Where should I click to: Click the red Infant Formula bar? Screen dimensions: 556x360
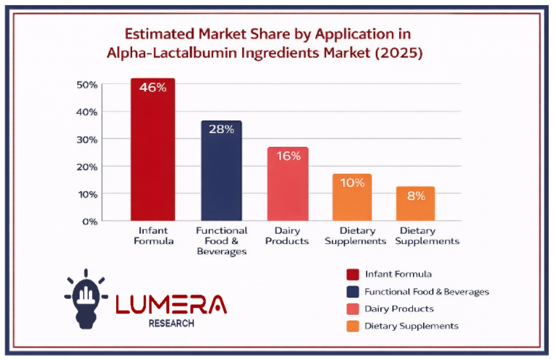(x=152, y=150)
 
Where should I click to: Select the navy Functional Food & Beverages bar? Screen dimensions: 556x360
(x=222, y=171)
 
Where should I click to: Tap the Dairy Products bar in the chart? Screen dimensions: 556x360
(x=288, y=184)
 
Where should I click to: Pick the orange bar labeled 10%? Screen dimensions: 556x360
(x=352, y=197)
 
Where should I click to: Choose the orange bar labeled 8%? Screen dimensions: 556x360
(x=416, y=204)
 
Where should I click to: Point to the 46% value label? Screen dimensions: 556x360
(x=152, y=88)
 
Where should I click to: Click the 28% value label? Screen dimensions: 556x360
(x=222, y=129)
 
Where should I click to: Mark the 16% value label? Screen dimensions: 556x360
(x=289, y=156)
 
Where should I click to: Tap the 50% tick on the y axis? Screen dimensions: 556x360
(x=87, y=85)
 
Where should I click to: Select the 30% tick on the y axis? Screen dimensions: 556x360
(x=87, y=139)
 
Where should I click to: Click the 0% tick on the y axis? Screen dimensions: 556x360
(x=90, y=221)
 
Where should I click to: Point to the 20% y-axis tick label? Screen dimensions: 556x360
(x=87, y=167)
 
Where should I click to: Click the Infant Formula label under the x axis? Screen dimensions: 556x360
(x=153, y=236)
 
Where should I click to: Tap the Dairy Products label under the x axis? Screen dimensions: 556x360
(x=287, y=236)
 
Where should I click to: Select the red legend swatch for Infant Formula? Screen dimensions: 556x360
(x=353, y=275)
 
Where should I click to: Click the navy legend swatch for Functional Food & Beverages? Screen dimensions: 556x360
(x=353, y=292)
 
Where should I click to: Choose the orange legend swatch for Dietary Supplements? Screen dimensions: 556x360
(x=353, y=326)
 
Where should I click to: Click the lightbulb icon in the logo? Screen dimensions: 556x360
(x=86, y=299)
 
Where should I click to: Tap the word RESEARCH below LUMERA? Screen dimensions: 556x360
(x=171, y=323)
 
